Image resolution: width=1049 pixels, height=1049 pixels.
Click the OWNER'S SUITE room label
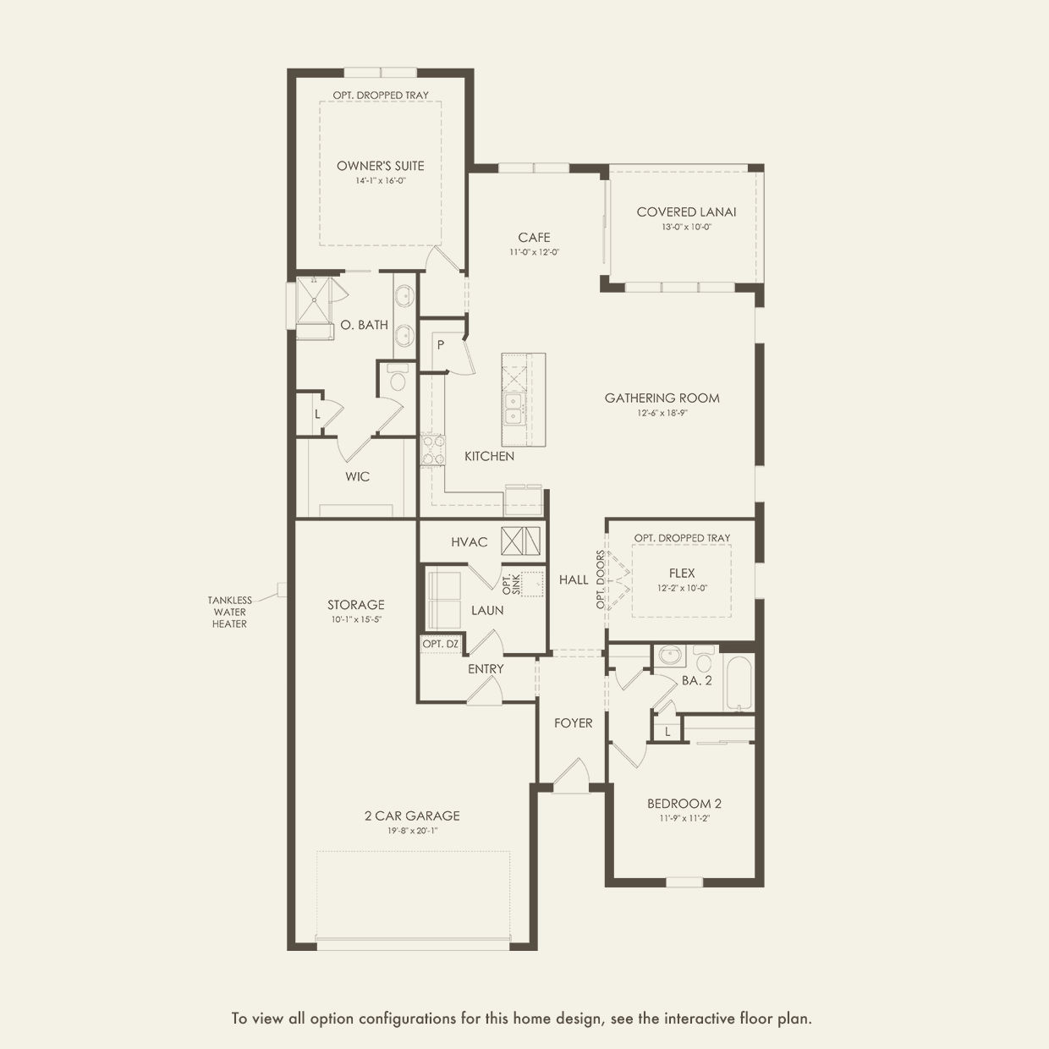(x=380, y=166)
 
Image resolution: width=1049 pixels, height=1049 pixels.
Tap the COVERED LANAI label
(x=686, y=212)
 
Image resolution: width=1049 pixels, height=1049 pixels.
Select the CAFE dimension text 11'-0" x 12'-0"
(x=534, y=252)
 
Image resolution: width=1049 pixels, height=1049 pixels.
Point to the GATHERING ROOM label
(x=662, y=398)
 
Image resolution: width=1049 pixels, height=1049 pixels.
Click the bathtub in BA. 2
(x=739, y=682)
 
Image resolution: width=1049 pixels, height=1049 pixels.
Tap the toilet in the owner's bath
(x=398, y=378)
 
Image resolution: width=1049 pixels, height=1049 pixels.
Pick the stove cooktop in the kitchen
(x=433, y=450)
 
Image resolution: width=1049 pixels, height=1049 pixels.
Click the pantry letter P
(x=441, y=344)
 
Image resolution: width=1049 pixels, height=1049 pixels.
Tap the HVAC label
(x=469, y=542)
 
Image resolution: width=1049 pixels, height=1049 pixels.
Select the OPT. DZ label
(x=441, y=644)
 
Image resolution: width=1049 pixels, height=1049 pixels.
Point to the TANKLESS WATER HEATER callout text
(x=230, y=612)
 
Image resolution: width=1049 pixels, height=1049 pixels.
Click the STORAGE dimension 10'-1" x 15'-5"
(x=356, y=619)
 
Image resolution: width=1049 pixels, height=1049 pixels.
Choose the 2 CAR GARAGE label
(x=412, y=816)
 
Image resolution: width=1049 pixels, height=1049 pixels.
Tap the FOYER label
(x=574, y=723)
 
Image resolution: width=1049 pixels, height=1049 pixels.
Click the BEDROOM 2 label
(x=684, y=803)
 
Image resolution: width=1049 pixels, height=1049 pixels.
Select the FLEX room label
(x=682, y=574)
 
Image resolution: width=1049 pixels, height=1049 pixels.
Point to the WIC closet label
(x=357, y=477)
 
